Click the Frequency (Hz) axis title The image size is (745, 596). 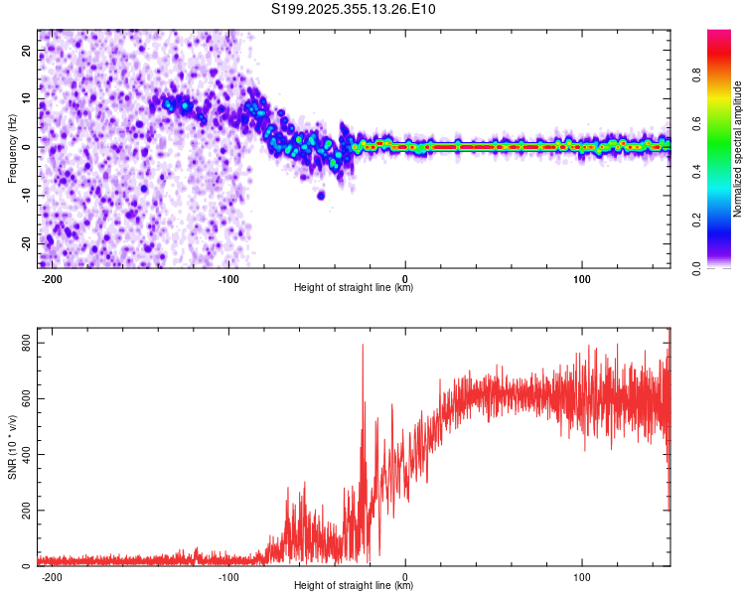click(x=12, y=148)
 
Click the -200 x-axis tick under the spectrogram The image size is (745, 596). click(x=53, y=277)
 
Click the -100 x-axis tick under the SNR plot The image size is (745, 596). click(x=228, y=576)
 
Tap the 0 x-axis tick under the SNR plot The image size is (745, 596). click(x=405, y=576)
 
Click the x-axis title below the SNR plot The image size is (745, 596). click(x=354, y=588)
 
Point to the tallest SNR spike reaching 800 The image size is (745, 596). click(x=363, y=346)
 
